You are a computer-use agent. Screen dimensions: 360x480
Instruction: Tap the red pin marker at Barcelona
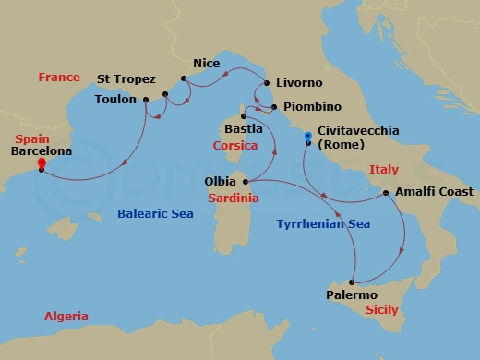click(x=42, y=164)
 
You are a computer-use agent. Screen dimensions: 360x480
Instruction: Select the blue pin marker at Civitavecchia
click(x=307, y=137)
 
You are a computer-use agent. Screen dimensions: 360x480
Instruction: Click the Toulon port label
click(x=115, y=100)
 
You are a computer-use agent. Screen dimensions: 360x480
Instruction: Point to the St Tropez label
click(x=126, y=79)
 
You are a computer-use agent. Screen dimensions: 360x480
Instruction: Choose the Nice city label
click(x=205, y=64)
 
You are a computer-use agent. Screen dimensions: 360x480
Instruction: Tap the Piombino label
click(x=312, y=107)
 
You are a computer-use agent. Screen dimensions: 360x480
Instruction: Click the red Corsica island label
click(x=234, y=146)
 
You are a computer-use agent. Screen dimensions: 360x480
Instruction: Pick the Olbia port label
click(x=220, y=182)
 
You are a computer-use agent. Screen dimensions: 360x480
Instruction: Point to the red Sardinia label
click(x=232, y=198)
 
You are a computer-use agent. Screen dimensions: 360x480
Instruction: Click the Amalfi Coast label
click(x=433, y=192)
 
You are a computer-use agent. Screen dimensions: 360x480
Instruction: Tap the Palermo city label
click(x=352, y=294)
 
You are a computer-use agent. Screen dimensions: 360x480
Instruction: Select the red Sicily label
click(x=381, y=310)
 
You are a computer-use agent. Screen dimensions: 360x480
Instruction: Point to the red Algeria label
click(x=66, y=317)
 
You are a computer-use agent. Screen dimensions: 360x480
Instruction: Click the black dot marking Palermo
click(x=351, y=281)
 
